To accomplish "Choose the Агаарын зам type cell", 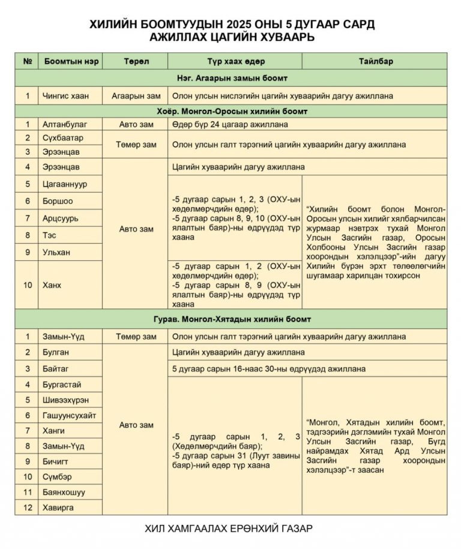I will [136, 95].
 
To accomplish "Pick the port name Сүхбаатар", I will [62, 138].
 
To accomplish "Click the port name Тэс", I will [50, 235].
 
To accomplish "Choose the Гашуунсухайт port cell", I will [69, 415].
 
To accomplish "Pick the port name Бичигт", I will [56, 461].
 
